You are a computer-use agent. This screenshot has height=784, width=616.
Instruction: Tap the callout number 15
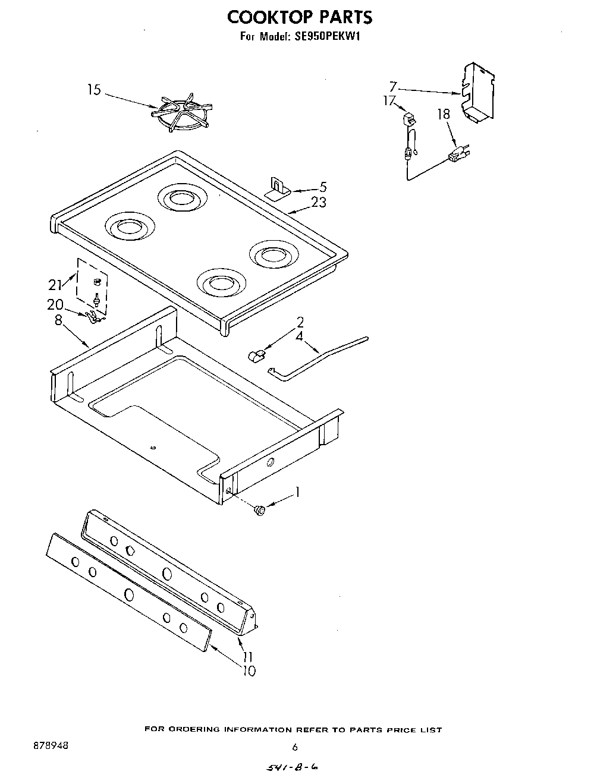(94, 90)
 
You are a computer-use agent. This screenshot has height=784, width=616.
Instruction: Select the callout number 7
(393, 87)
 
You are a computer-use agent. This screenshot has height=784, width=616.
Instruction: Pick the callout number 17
(389, 101)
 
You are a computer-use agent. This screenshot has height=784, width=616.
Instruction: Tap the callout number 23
(319, 202)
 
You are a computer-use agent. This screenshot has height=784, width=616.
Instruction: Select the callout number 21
(55, 285)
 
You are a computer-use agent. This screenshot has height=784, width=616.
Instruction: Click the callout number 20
(55, 304)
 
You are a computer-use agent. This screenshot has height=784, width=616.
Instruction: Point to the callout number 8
(58, 319)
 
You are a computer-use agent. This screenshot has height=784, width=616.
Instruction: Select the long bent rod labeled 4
(321, 357)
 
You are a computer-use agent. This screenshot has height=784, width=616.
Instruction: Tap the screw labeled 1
(259, 509)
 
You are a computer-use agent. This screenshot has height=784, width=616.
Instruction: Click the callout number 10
(249, 671)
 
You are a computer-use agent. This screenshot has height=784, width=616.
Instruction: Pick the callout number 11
(248, 657)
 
